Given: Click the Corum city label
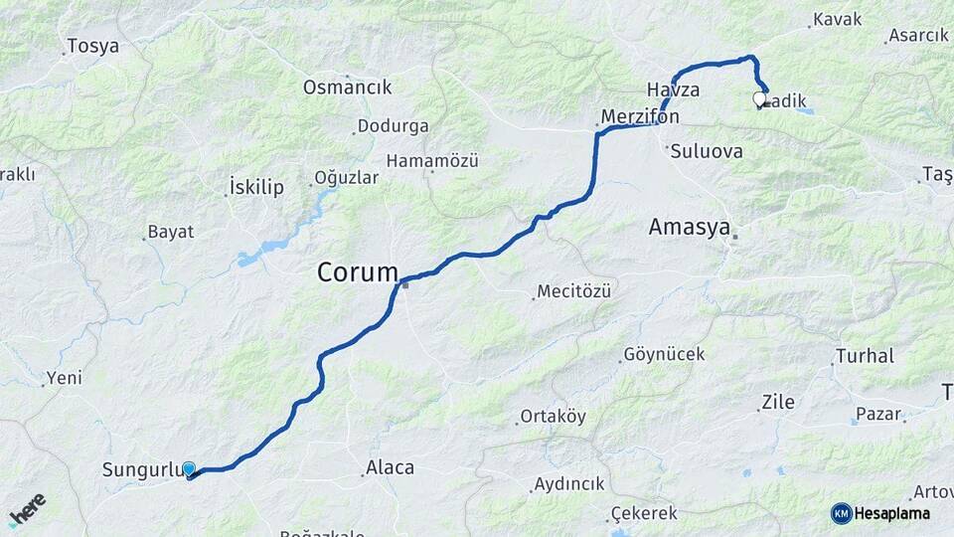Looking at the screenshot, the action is (358, 271).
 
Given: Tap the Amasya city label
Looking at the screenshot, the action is (690, 227).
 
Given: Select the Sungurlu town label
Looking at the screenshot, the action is (140, 469).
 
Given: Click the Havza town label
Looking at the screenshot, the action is (673, 89).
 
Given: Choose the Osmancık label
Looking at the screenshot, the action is (347, 88).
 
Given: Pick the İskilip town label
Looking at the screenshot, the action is (256, 187).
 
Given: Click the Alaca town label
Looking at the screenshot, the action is (391, 466).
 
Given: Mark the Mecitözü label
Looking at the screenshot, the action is (573, 291).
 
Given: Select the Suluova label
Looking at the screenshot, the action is (707, 152).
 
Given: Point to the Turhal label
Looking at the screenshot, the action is (865, 356).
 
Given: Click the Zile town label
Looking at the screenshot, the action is (777, 403).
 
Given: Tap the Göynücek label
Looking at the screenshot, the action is (664, 354).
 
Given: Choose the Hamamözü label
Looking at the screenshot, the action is (432, 160).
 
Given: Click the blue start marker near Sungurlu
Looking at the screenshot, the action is (188, 469).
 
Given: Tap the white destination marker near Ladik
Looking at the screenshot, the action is (760, 99).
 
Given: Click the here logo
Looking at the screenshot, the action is (27, 509).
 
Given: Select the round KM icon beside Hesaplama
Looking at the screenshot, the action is (842, 513).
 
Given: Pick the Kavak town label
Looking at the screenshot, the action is (837, 19).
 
